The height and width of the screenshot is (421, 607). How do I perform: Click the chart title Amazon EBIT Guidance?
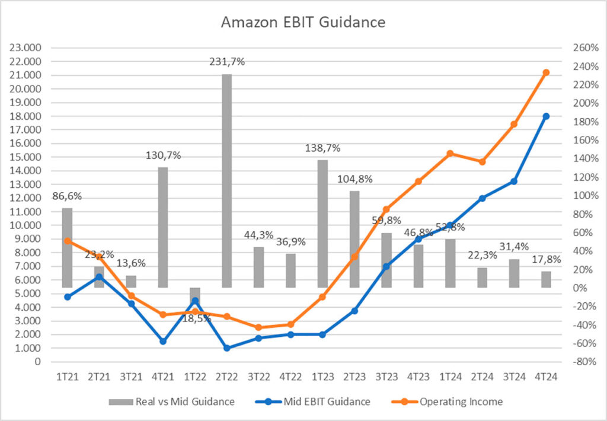point(303,23)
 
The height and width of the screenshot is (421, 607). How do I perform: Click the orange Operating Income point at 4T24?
point(546,72)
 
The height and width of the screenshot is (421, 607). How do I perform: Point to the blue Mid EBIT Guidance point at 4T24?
point(546,116)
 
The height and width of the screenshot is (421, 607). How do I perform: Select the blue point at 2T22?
point(226,348)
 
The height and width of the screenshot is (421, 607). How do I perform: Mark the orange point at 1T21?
point(67,241)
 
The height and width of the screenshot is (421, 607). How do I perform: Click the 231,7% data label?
point(227,61)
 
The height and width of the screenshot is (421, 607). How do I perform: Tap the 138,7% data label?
point(322,148)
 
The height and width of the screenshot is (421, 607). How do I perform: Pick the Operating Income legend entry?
point(461,401)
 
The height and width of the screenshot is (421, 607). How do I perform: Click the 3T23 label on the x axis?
point(386,376)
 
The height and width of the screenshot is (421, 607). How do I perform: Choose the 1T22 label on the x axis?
point(195,376)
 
